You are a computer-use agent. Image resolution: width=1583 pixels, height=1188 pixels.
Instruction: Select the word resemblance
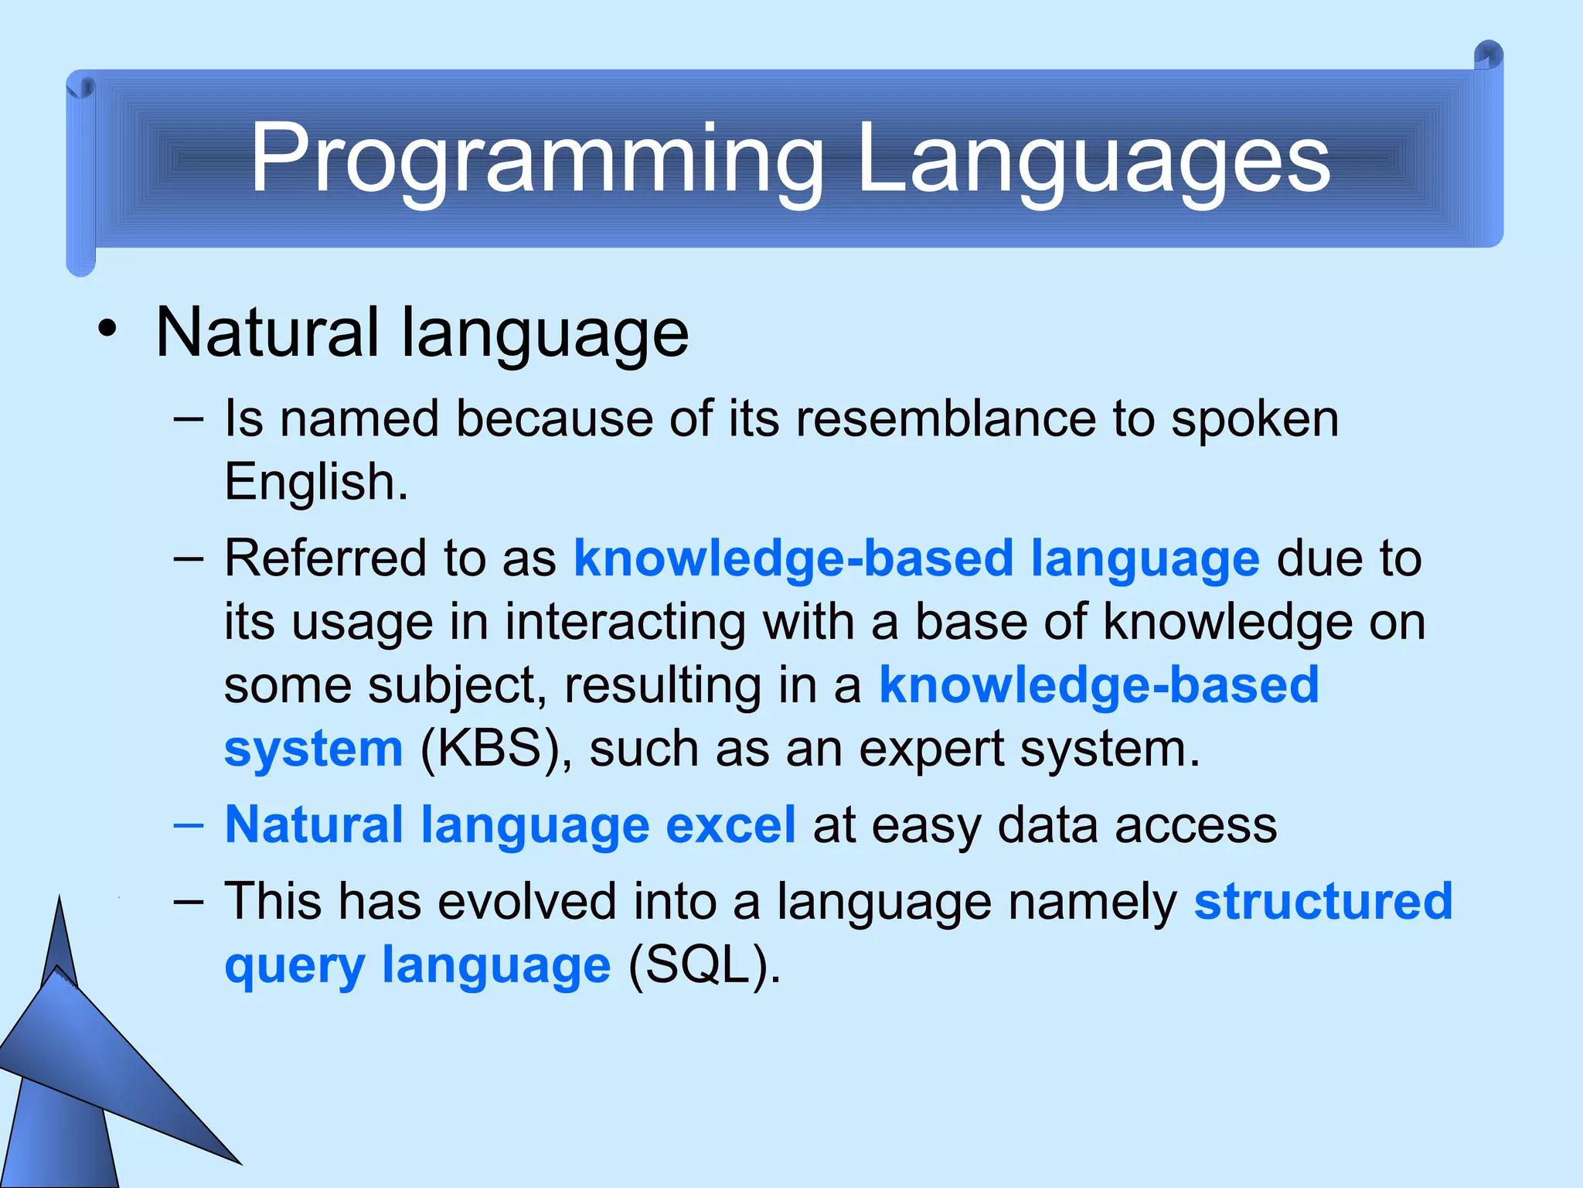click(945, 419)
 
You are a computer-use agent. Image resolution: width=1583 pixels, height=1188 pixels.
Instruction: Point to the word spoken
click(1254, 421)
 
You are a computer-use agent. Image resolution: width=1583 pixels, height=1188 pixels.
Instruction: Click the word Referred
click(324, 558)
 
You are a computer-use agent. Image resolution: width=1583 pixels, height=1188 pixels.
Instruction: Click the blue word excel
click(730, 824)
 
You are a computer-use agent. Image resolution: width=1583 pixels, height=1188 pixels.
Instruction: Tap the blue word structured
click(1323, 902)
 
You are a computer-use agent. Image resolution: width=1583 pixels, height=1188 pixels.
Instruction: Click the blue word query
click(294, 967)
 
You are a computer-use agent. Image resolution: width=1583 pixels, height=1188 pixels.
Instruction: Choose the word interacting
click(625, 622)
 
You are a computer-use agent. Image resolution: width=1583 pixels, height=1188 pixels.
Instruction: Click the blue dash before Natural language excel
click(189, 824)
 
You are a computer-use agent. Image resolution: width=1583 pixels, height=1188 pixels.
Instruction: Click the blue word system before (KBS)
click(313, 749)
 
